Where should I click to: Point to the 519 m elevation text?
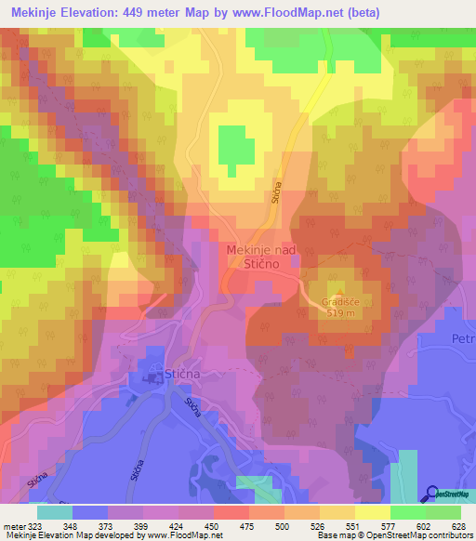point(340,313)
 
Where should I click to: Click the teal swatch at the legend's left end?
point(55,512)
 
